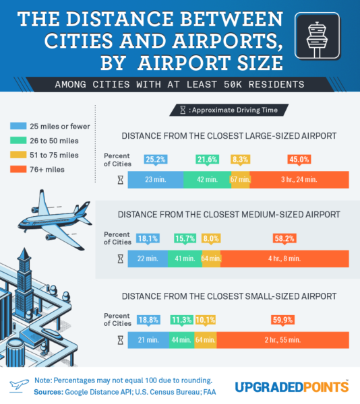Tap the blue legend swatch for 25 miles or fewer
tap(18, 126)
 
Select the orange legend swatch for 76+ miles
tap(18, 170)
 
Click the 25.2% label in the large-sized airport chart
tap(156, 160)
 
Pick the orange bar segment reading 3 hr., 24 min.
tap(299, 180)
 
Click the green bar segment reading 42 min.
tap(207, 180)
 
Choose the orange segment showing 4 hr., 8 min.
tap(284, 259)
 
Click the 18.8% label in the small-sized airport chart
tap(148, 320)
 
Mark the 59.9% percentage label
tap(283, 320)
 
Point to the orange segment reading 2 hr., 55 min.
tap(283, 340)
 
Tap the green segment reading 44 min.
tap(181, 340)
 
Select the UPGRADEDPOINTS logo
tap(292, 386)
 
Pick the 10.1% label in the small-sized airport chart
tap(205, 320)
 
